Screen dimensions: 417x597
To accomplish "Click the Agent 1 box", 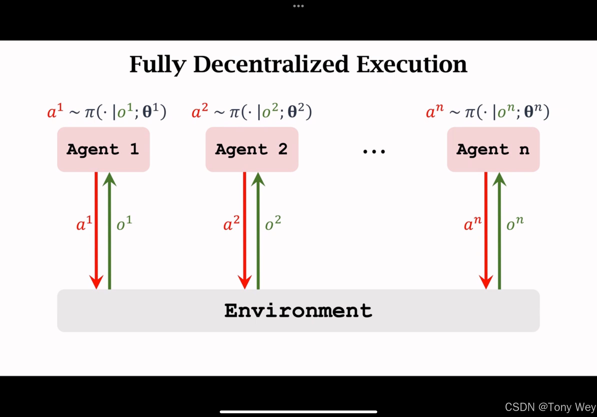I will point(103,149).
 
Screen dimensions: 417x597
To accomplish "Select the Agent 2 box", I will point(252,149).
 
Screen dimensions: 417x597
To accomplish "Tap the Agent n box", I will point(493,149).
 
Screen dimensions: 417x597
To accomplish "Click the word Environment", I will point(298,310).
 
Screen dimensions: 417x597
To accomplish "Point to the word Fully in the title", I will point(158,64).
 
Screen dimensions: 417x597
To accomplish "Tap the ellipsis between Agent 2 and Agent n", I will point(374,151).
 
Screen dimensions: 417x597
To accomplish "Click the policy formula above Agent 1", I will point(106,111).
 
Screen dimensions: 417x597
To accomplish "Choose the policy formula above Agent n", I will point(487,111).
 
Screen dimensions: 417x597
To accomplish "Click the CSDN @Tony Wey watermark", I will point(550,407).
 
